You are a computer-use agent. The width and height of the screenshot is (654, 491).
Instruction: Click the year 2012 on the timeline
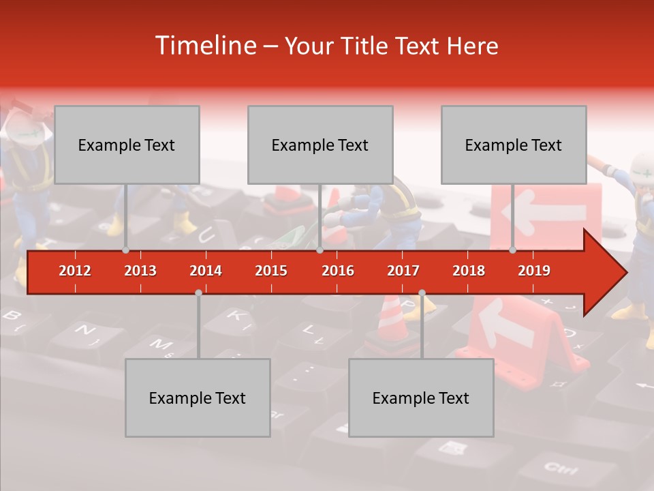[75, 271]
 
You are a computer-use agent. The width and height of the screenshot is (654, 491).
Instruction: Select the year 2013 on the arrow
[140, 271]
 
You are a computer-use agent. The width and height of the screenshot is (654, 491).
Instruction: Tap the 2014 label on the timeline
[206, 271]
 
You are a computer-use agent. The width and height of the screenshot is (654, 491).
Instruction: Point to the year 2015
[271, 271]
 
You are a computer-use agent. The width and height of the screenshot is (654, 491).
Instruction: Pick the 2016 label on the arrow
[338, 271]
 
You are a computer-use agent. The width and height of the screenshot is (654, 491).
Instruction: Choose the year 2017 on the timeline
[403, 271]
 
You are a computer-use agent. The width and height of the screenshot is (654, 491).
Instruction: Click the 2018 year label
[469, 271]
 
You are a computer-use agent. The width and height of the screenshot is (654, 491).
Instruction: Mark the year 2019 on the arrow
[534, 271]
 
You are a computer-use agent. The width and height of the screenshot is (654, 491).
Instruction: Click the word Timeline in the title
[204, 46]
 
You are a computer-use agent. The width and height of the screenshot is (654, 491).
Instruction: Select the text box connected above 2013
[127, 145]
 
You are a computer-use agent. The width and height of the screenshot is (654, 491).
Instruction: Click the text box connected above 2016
[320, 145]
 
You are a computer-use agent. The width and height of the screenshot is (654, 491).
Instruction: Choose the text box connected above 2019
[514, 145]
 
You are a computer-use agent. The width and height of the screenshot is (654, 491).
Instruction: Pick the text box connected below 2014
[198, 398]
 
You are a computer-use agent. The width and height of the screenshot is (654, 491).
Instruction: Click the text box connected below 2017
[421, 398]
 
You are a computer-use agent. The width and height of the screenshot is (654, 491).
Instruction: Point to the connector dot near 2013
[126, 250]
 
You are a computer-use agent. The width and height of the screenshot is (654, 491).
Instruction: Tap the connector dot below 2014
[198, 293]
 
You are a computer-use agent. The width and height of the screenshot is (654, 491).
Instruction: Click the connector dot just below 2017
[422, 293]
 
